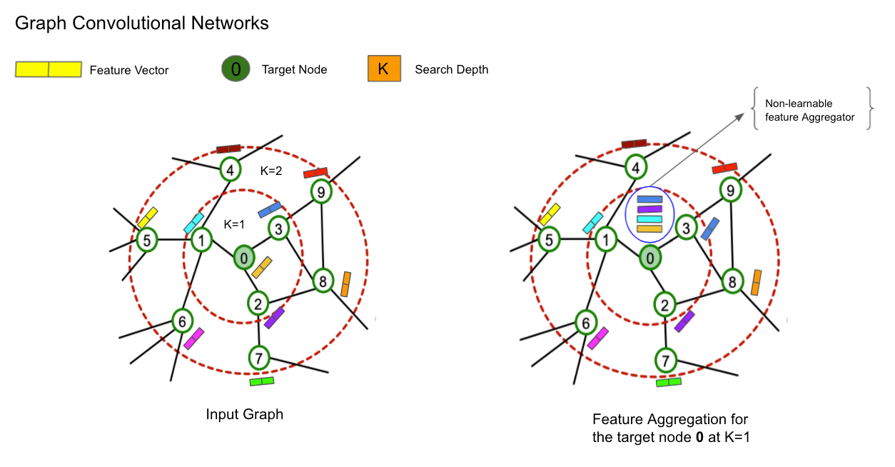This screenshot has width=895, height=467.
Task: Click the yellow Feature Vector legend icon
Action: (49, 69)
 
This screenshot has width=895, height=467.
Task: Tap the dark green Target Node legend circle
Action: (236, 69)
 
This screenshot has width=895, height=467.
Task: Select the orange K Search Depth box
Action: (384, 69)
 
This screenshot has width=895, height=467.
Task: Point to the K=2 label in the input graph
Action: (272, 171)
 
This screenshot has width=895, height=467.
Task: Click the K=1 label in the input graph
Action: (234, 224)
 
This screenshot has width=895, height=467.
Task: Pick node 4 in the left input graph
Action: (230, 170)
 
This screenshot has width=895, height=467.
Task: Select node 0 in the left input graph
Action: (243, 257)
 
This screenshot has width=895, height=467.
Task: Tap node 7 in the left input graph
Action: (258, 356)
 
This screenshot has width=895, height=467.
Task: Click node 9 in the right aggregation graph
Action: (729, 189)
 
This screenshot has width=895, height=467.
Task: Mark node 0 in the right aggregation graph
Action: (649, 257)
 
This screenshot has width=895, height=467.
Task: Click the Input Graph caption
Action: (244, 414)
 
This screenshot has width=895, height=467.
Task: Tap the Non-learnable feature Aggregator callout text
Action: (809, 110)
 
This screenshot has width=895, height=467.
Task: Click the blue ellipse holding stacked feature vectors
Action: (649, 214)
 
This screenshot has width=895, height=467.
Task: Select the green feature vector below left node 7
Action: (262, 381)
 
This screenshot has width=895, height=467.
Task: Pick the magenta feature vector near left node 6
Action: (193, 338)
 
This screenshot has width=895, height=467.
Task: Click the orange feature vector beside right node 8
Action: (757, 283)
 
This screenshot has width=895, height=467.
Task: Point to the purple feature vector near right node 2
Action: (684, 321)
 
